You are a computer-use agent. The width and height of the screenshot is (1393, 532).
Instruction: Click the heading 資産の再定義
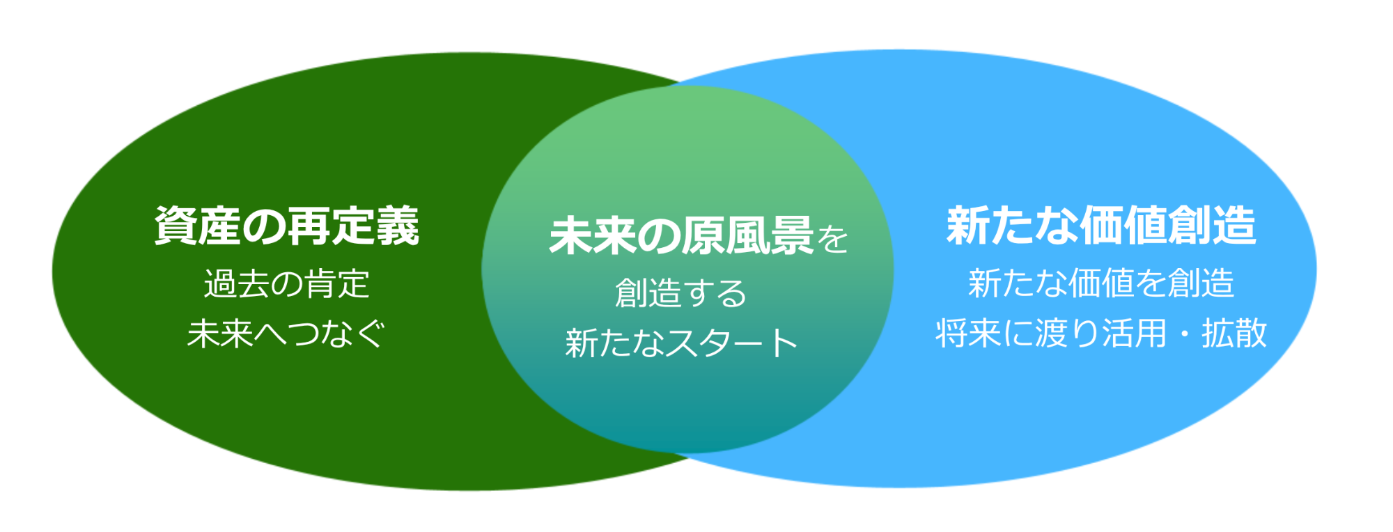tap(286, 226)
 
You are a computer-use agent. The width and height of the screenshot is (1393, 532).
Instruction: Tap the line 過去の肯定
tap(286, 284)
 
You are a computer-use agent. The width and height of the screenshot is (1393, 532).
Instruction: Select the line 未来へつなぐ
tap(286, 334)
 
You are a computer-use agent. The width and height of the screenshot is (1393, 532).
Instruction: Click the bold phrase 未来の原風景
tap(681, 236)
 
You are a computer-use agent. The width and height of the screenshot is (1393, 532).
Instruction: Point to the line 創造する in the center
tap(680, 293)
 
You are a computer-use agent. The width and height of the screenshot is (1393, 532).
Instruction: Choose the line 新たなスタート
tap(680, 343)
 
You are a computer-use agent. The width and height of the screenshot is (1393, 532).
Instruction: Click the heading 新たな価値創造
tap(1100, 226)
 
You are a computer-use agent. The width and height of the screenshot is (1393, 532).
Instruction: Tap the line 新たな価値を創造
tap(1100, 283)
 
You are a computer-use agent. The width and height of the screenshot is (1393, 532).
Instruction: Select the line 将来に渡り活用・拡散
tap(1100, 333)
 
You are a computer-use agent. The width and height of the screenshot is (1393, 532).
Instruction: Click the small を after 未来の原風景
tap(833, 240)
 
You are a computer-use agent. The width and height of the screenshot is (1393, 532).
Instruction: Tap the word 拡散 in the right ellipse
tap(1234, 333)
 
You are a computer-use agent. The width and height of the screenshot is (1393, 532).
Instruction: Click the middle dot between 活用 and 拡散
tap(1184, 334)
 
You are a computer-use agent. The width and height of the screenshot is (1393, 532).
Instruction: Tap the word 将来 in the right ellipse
tap(968, 333)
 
